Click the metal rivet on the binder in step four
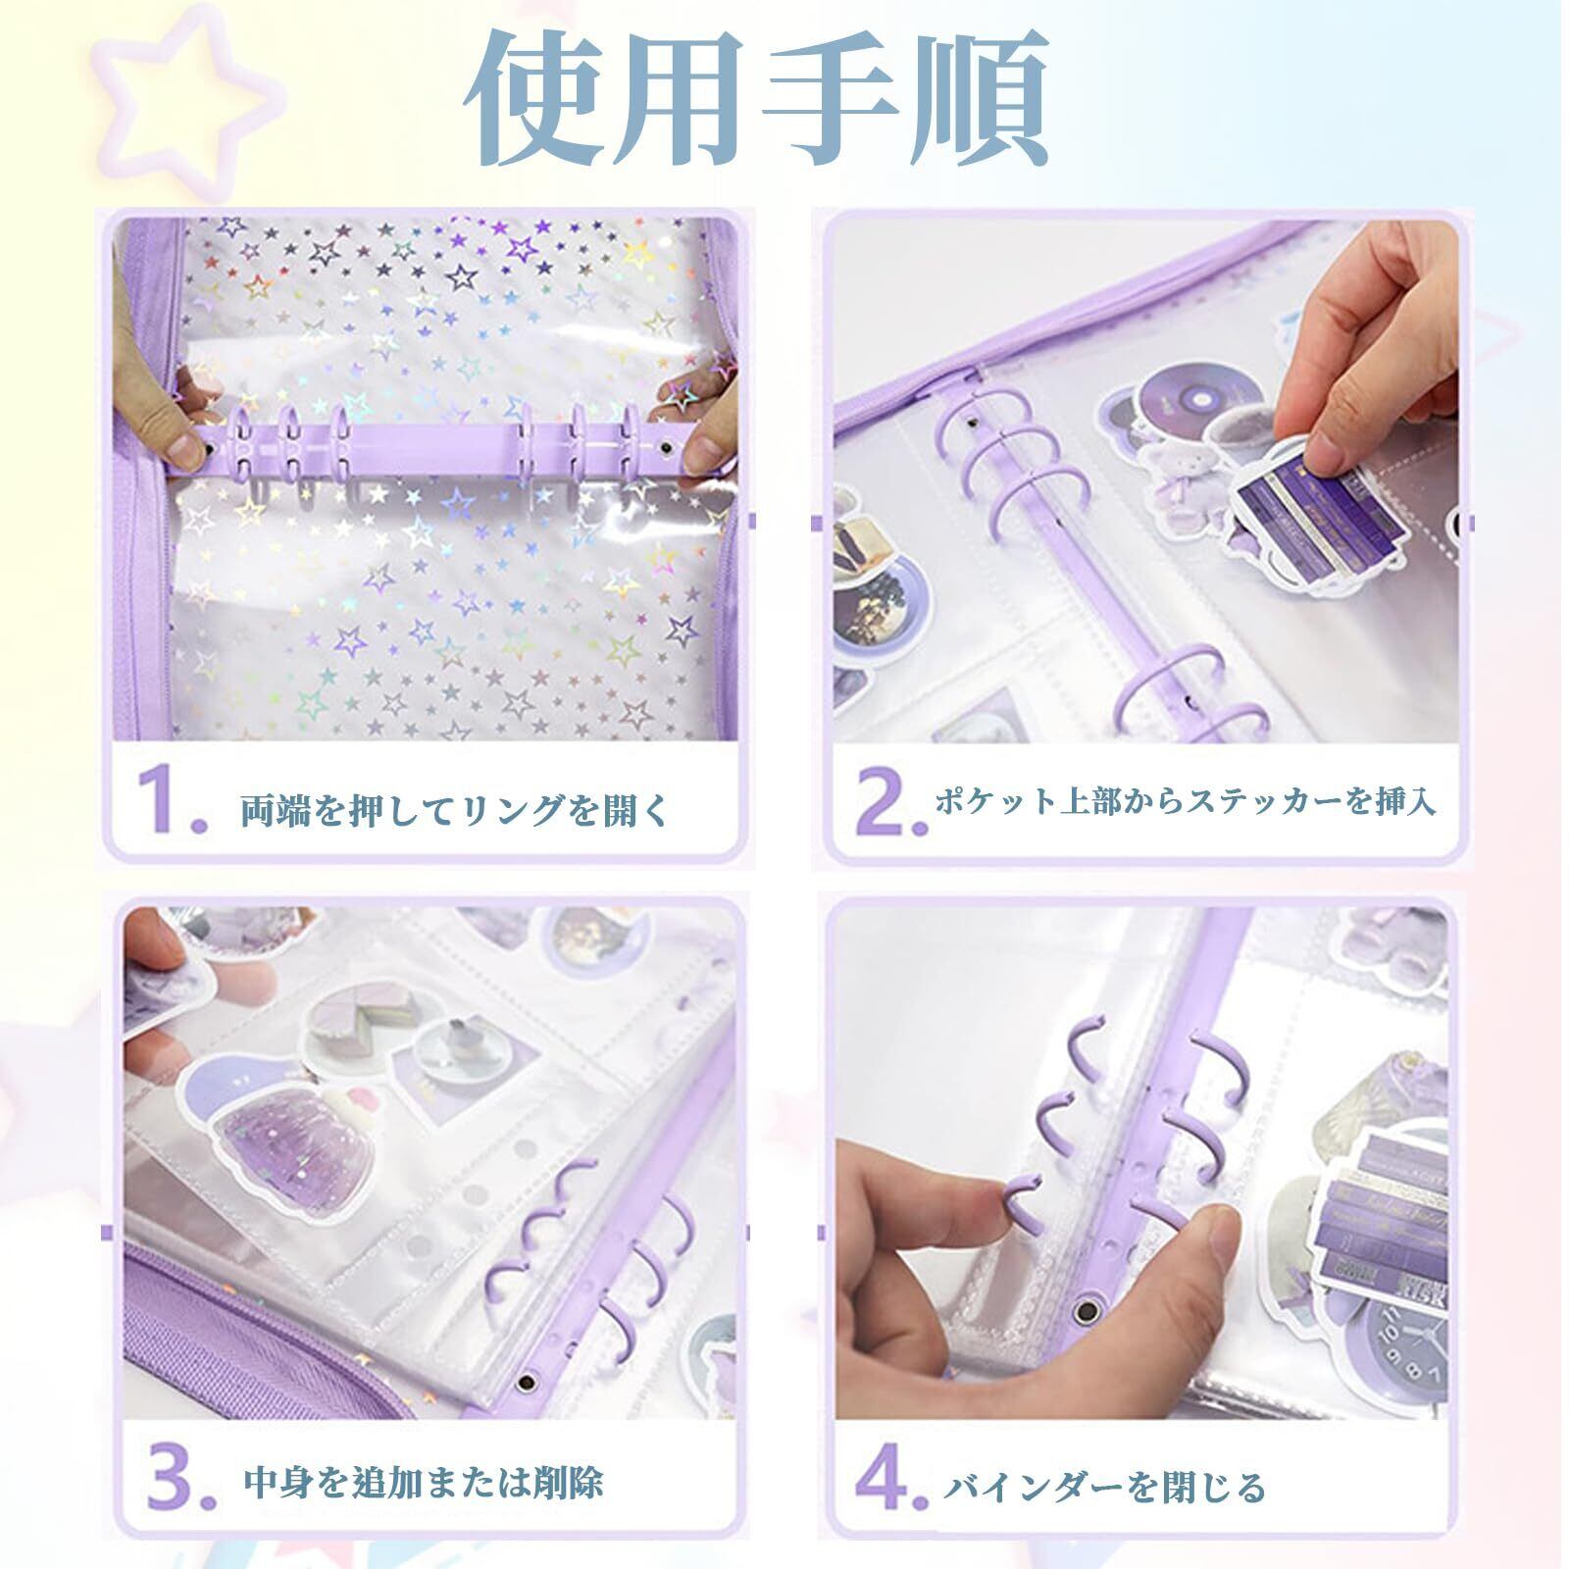[x=1088, y=1309]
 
